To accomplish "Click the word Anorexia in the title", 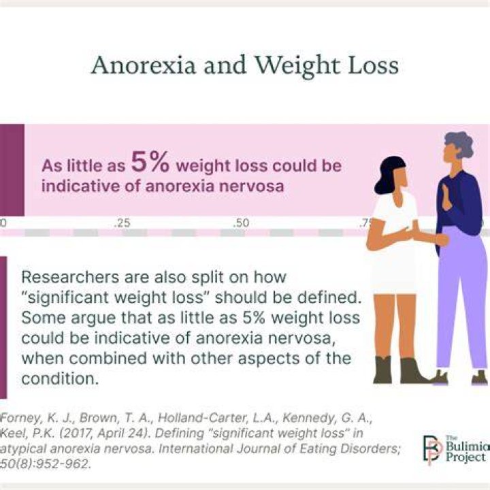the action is click(x=144, y=65).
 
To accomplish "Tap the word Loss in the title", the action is click(x=373, y=65).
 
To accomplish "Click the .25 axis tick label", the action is click(x=122, y=223).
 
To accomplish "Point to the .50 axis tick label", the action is click(x=241, y=223).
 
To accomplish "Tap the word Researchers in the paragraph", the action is click(x=70, y=277).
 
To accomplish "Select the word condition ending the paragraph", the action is click(x=60, y=379).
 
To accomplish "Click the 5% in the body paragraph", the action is click(x=253, y=318).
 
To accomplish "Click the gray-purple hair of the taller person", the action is click(x=458, y=144).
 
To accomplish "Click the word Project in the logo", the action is click(x=465, y=457).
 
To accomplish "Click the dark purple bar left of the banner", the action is click(x=12, y=169).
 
